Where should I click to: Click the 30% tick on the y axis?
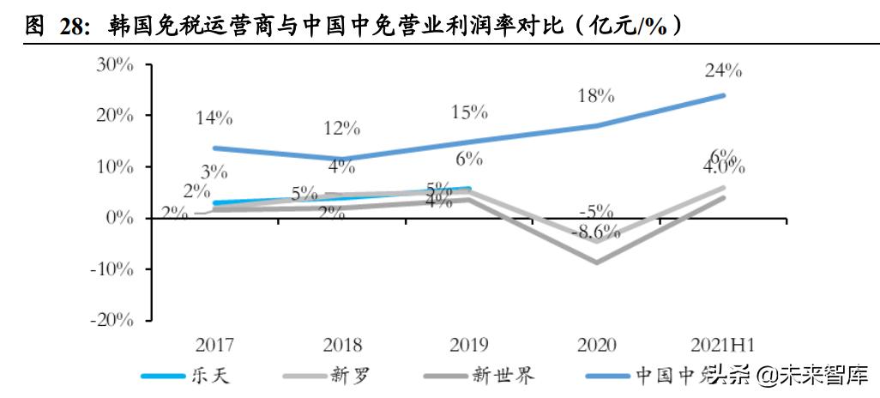(x=114, y=63)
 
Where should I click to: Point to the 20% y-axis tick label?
(x=114, y=115)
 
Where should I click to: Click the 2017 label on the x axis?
(x=214, y=345)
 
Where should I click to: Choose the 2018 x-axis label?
(x=342, y=345)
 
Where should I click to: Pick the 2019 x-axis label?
(x=469, y=345)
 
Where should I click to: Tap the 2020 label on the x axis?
(x=597, y=345)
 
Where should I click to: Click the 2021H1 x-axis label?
(x=722, y=345)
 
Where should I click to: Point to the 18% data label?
(x=596, y=95)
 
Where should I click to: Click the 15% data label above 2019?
(x=469, y=112)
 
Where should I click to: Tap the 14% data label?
(x=214, y=118)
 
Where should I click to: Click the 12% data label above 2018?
(x=342, y=129)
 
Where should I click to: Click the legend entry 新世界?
(x=503, y=375)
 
